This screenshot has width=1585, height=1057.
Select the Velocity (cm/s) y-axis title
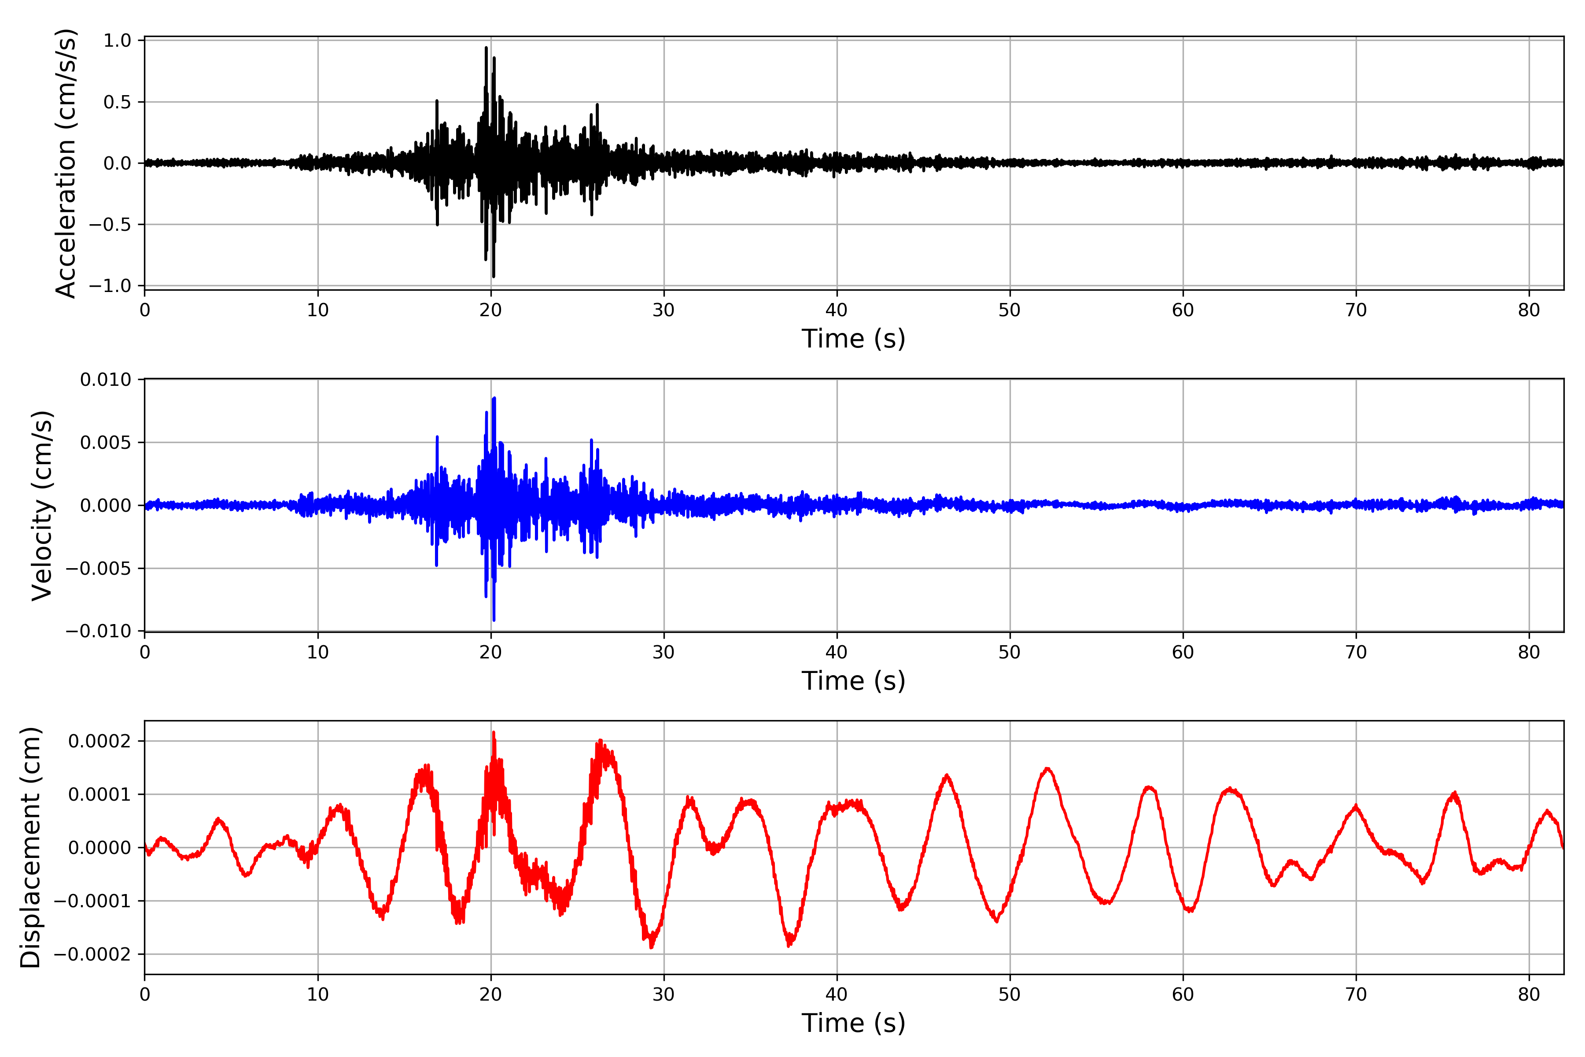[x=42, y=506]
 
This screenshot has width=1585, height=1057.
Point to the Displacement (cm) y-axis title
[x=30, y=847]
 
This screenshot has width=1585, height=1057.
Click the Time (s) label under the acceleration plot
[x=853, y=338]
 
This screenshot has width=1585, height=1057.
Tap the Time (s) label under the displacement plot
[x=853, y=1023]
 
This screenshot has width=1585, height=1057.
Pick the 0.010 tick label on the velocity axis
[x=106, y=380]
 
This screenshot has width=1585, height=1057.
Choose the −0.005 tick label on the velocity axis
[x=98, y=568]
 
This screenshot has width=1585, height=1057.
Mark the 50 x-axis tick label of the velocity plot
[x=1010, y=652]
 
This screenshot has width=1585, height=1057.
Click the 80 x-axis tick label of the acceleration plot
[x=1529, y=310]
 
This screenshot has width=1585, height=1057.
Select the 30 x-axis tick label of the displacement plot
[x=664, y=994]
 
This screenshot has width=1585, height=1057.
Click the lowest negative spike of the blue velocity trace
[x=494, y=620]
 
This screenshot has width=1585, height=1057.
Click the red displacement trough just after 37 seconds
[x=789, y=945]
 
